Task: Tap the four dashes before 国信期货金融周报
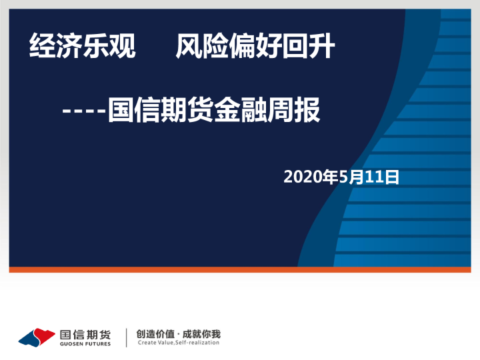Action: (83, 111)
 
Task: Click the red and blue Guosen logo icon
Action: (37, 337)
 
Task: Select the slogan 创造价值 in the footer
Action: (155, 334)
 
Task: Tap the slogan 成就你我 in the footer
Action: (201, 334)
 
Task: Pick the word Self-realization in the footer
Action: (197, 343)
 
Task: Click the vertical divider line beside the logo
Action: (127, 337)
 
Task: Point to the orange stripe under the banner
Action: (240, 269)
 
